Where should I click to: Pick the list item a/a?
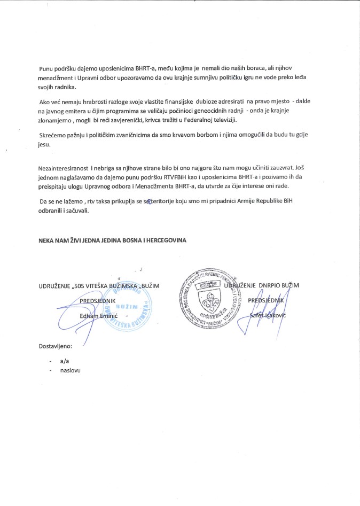(65, 362)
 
